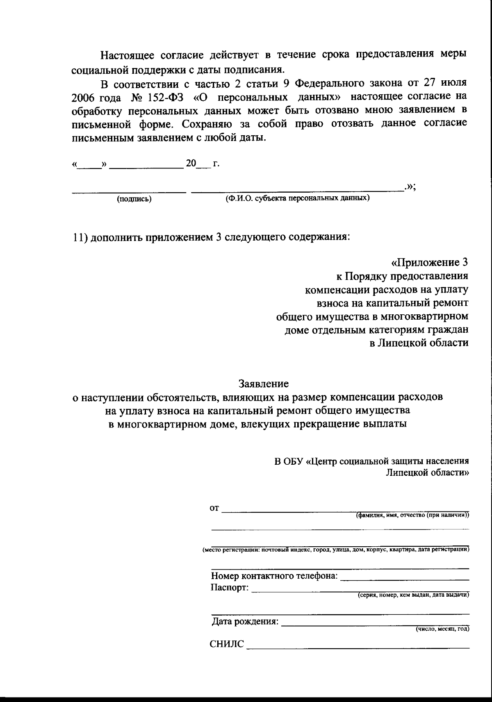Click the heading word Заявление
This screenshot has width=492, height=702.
tap(264, 384)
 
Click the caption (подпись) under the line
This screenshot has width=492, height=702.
tap(134, 199)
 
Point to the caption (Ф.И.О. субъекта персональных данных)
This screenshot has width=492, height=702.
tap(297, 198)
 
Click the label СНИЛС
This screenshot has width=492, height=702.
tap(227, 644)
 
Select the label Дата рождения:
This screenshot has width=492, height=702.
tap(245, 622)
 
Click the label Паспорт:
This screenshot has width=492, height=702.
tap(230, 587)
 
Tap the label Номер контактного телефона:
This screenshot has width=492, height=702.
tap(274, 576)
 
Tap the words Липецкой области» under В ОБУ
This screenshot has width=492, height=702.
tap(427, 473)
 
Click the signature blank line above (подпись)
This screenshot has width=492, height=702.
tap(129, 191)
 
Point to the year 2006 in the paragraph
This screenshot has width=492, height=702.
tap(82, 98)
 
